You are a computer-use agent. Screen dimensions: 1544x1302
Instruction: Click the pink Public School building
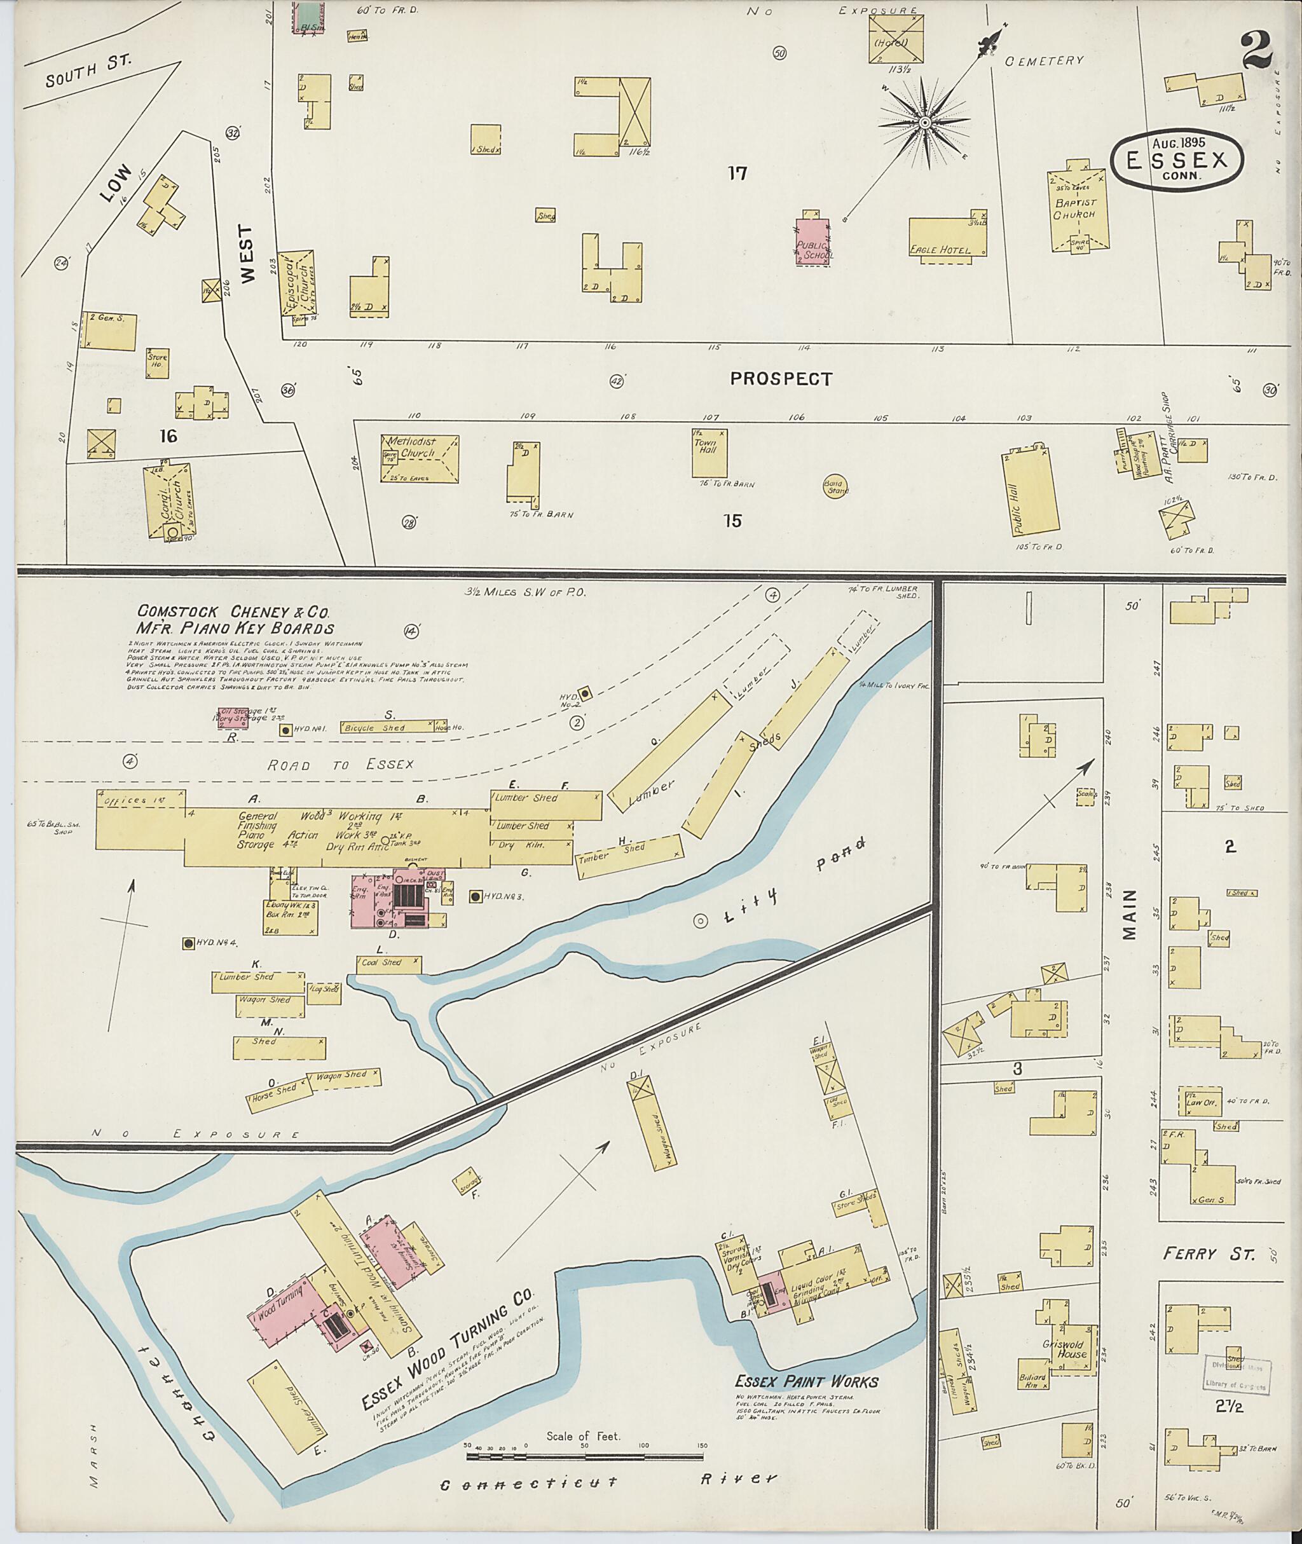(814, 242)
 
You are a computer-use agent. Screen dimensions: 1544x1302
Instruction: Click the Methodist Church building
(419, 459)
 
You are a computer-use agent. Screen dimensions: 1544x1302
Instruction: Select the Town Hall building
(709, 453)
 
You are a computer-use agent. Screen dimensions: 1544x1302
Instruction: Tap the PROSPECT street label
(781, 379)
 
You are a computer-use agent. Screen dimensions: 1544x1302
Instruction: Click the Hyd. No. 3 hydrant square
(476, 897)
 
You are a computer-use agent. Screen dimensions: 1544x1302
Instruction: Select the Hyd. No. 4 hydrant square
(189, 943)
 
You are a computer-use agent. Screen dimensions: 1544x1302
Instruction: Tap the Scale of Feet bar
(585, 1458)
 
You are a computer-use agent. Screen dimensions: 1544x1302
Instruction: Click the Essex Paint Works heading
(806, 1383)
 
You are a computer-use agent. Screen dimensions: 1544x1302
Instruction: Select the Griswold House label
(1064, 1348)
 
